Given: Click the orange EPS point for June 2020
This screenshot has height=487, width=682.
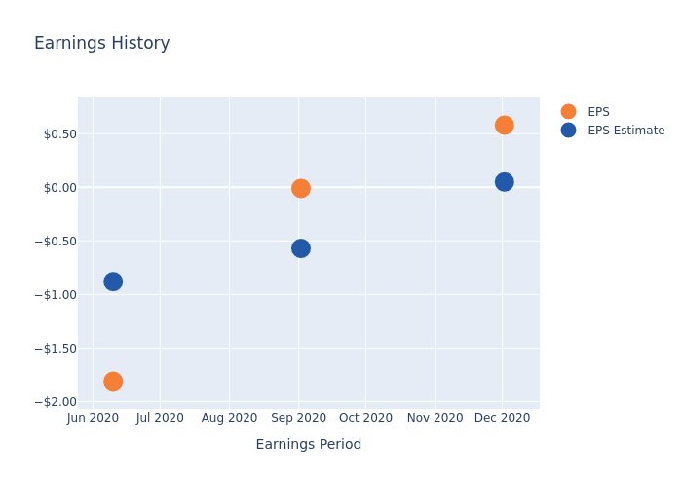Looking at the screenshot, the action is click(x=113, y=382).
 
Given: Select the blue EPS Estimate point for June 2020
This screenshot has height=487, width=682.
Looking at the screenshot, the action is click(x=113, y=281).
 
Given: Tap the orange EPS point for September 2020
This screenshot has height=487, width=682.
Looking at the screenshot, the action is click(x=301, y=188).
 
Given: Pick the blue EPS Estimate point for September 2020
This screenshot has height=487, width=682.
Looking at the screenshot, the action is click(x=301, y=248).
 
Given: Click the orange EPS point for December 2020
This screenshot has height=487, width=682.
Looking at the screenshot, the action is click(x=504, y=126).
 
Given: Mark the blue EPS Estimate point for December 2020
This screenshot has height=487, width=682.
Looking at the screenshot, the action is click(x=504, y=182).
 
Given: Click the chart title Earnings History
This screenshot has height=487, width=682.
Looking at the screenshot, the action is click(x=101, y=43).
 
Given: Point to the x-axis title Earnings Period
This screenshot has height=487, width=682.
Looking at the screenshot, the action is click(x=309, y=444).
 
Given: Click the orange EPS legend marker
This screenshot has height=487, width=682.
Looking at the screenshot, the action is click(x=568, y=111).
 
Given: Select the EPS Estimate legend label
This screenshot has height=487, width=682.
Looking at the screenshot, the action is click(x=625, y=131).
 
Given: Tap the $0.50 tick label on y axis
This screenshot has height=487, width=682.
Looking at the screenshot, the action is click(x=60, y=134).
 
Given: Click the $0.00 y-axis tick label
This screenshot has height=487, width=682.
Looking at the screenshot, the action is click(x=60, y=188).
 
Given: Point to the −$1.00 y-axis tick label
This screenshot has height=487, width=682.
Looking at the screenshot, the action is click(x=56, y=295).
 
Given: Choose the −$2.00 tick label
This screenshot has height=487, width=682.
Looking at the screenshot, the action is click(x=56, y=402).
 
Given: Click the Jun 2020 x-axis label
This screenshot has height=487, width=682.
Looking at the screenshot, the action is click(x=93, y=418).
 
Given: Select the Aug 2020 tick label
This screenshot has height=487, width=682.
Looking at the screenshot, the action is click(x=229, y=418).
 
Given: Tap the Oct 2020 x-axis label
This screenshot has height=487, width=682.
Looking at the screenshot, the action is click(x=365, y=418).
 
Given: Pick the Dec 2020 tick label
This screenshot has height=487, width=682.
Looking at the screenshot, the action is click(x=502, y=418).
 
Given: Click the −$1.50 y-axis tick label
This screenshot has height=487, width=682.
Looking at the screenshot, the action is click(x=56, y=349).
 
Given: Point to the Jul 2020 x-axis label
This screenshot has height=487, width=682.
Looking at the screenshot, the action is click(x=160, y=418).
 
